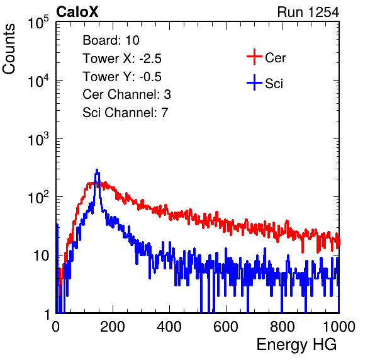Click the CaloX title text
77,12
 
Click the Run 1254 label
308,12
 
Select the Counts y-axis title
9,49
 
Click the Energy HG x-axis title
296,345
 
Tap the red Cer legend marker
254,57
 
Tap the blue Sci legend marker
254,82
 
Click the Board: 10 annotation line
111,40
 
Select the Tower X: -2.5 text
122,59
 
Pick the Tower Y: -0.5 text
122,77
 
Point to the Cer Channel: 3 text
126,94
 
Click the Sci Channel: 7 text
125,113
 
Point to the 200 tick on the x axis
113,327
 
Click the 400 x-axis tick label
169,327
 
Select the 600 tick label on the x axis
226,327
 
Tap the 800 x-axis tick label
283,327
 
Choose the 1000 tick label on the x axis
339,327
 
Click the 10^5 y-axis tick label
38,23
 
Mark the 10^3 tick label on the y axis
38,139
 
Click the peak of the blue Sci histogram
97,170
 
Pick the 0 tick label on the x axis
55,327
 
